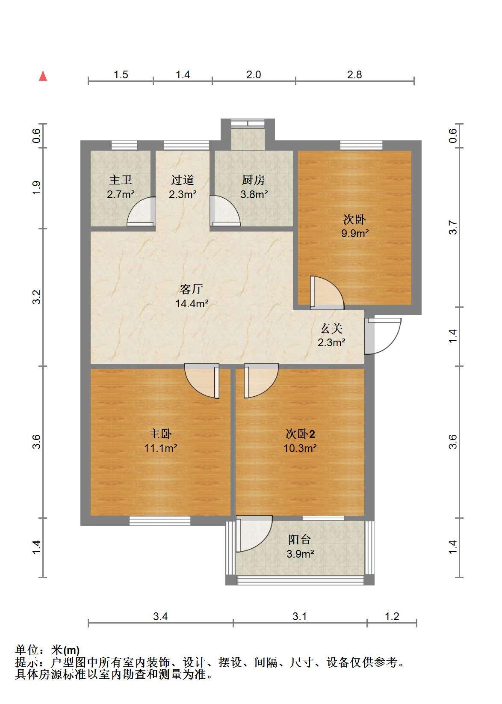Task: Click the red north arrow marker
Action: [43, 76]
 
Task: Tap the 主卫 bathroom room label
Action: [121, 180]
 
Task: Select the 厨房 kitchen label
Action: [254, 180]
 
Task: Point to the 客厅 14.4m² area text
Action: [192, 303]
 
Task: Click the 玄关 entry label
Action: [331, 328]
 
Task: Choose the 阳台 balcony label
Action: [300, 540]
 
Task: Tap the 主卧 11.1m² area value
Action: [161, 448]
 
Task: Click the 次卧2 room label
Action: [300, 434]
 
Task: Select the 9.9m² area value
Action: [355, 234]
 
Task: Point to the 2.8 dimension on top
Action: [354, 75]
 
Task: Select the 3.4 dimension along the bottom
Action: [160, 616]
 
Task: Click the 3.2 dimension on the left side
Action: [37, 297]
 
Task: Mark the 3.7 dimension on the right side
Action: [453, 227]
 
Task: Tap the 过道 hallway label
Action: [183, 180]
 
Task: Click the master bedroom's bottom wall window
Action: [160, 521]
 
